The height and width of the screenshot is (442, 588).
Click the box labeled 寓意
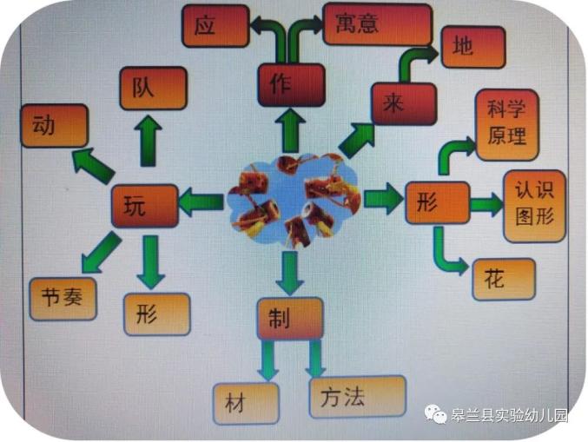(376, 24)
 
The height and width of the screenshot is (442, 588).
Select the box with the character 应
(214, 25)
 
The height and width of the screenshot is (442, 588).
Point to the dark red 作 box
(290, 86)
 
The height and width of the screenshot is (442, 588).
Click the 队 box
(153, 89)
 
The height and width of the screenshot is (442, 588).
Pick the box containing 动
(53, 126)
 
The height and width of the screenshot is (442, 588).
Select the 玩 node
(143, 207)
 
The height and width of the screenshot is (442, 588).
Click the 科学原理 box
(506, 124)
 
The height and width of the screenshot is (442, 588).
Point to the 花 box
(503, 280)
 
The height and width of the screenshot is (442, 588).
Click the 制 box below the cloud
(289, 320)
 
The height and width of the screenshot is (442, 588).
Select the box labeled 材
(245, 402)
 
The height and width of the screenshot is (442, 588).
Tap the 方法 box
(357, 398)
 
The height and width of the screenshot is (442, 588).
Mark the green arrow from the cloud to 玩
(202, 203)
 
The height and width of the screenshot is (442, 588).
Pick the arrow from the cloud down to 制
(290, 272)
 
